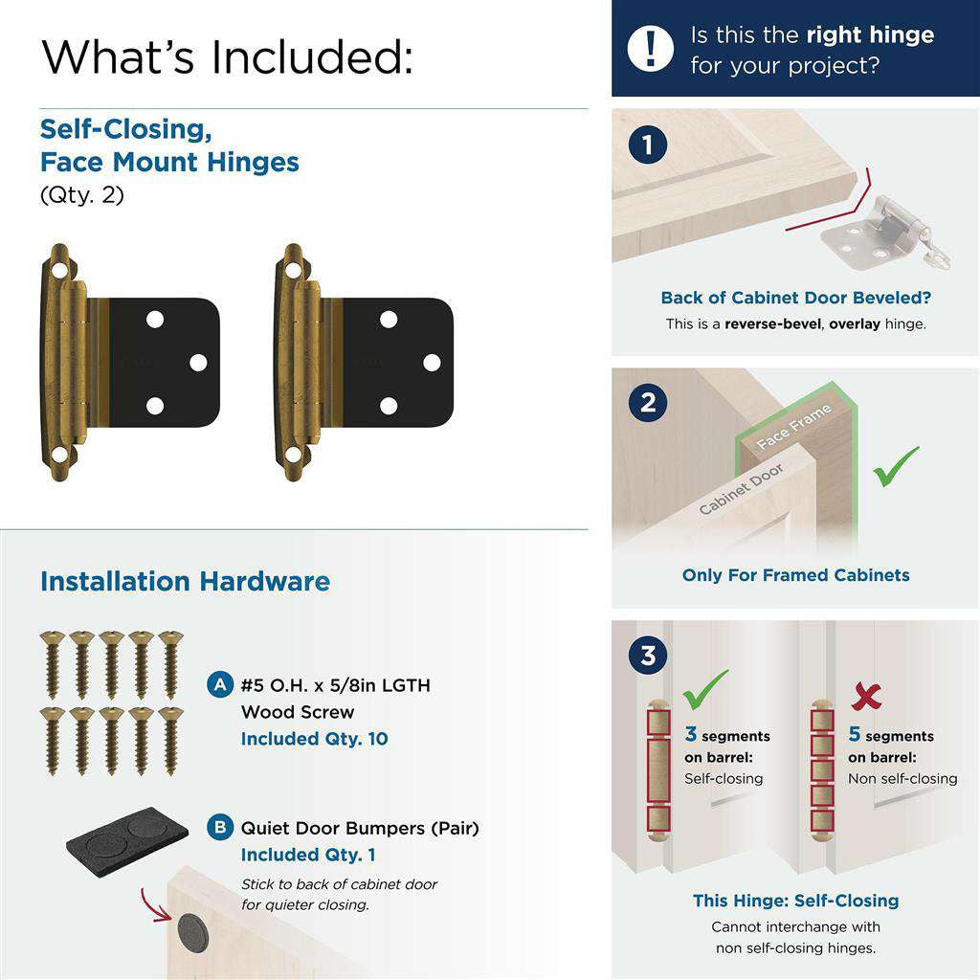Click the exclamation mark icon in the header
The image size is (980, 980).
(x=650, y=48)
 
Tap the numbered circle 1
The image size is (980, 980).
(x=648, y=145)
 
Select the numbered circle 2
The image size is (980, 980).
(x=648, y=402)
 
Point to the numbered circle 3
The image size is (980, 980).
(x=648, y=655)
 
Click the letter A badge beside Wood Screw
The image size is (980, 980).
(x=220, y=685)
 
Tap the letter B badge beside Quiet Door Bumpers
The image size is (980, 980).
(x=220, y=828)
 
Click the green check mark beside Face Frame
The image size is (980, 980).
(x=895, y=466)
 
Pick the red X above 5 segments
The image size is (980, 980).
(x=866, y=696)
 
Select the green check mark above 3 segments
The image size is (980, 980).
(x=705, y=689)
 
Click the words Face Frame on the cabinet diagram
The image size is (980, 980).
(x=793, y=426)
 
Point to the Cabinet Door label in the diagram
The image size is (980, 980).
(x=741, y=489)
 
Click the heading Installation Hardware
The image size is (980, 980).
(x=185, y=581)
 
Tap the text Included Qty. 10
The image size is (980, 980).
(x=314, y=739)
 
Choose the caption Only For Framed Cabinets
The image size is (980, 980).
(x=795, y=575)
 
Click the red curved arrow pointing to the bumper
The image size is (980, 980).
(x=154, y=905)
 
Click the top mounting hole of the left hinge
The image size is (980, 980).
(x=58, y=272)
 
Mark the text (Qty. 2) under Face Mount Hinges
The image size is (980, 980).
(x=82, y=195)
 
